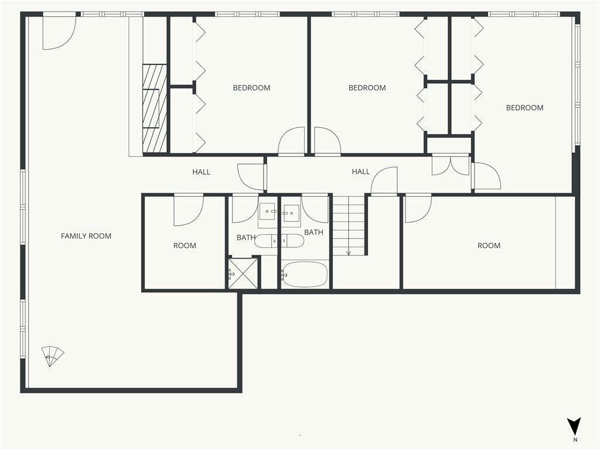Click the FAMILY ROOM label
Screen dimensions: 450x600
point(86,236)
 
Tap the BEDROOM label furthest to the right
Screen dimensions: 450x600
point(524,108)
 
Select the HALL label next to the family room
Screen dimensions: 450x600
point(201,172)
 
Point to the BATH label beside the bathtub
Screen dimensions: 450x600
point(313,233)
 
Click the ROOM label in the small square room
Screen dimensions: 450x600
point(185,246)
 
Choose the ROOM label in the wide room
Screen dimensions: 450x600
point(489,246)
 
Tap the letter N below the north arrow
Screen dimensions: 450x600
point(575,439)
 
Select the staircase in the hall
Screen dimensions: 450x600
point(349,226)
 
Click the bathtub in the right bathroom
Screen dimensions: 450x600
point(304,274)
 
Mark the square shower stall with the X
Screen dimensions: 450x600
point(243,274)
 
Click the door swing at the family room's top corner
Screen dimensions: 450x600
point(59,33)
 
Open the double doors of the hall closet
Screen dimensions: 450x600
point(451,165)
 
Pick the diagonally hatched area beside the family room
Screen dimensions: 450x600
point(155,108)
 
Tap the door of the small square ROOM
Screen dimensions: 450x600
point(188,209)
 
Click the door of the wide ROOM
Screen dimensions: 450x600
point(418,208)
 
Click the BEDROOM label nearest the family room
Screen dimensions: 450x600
point(251,88)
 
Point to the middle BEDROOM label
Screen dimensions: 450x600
point(367,88)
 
